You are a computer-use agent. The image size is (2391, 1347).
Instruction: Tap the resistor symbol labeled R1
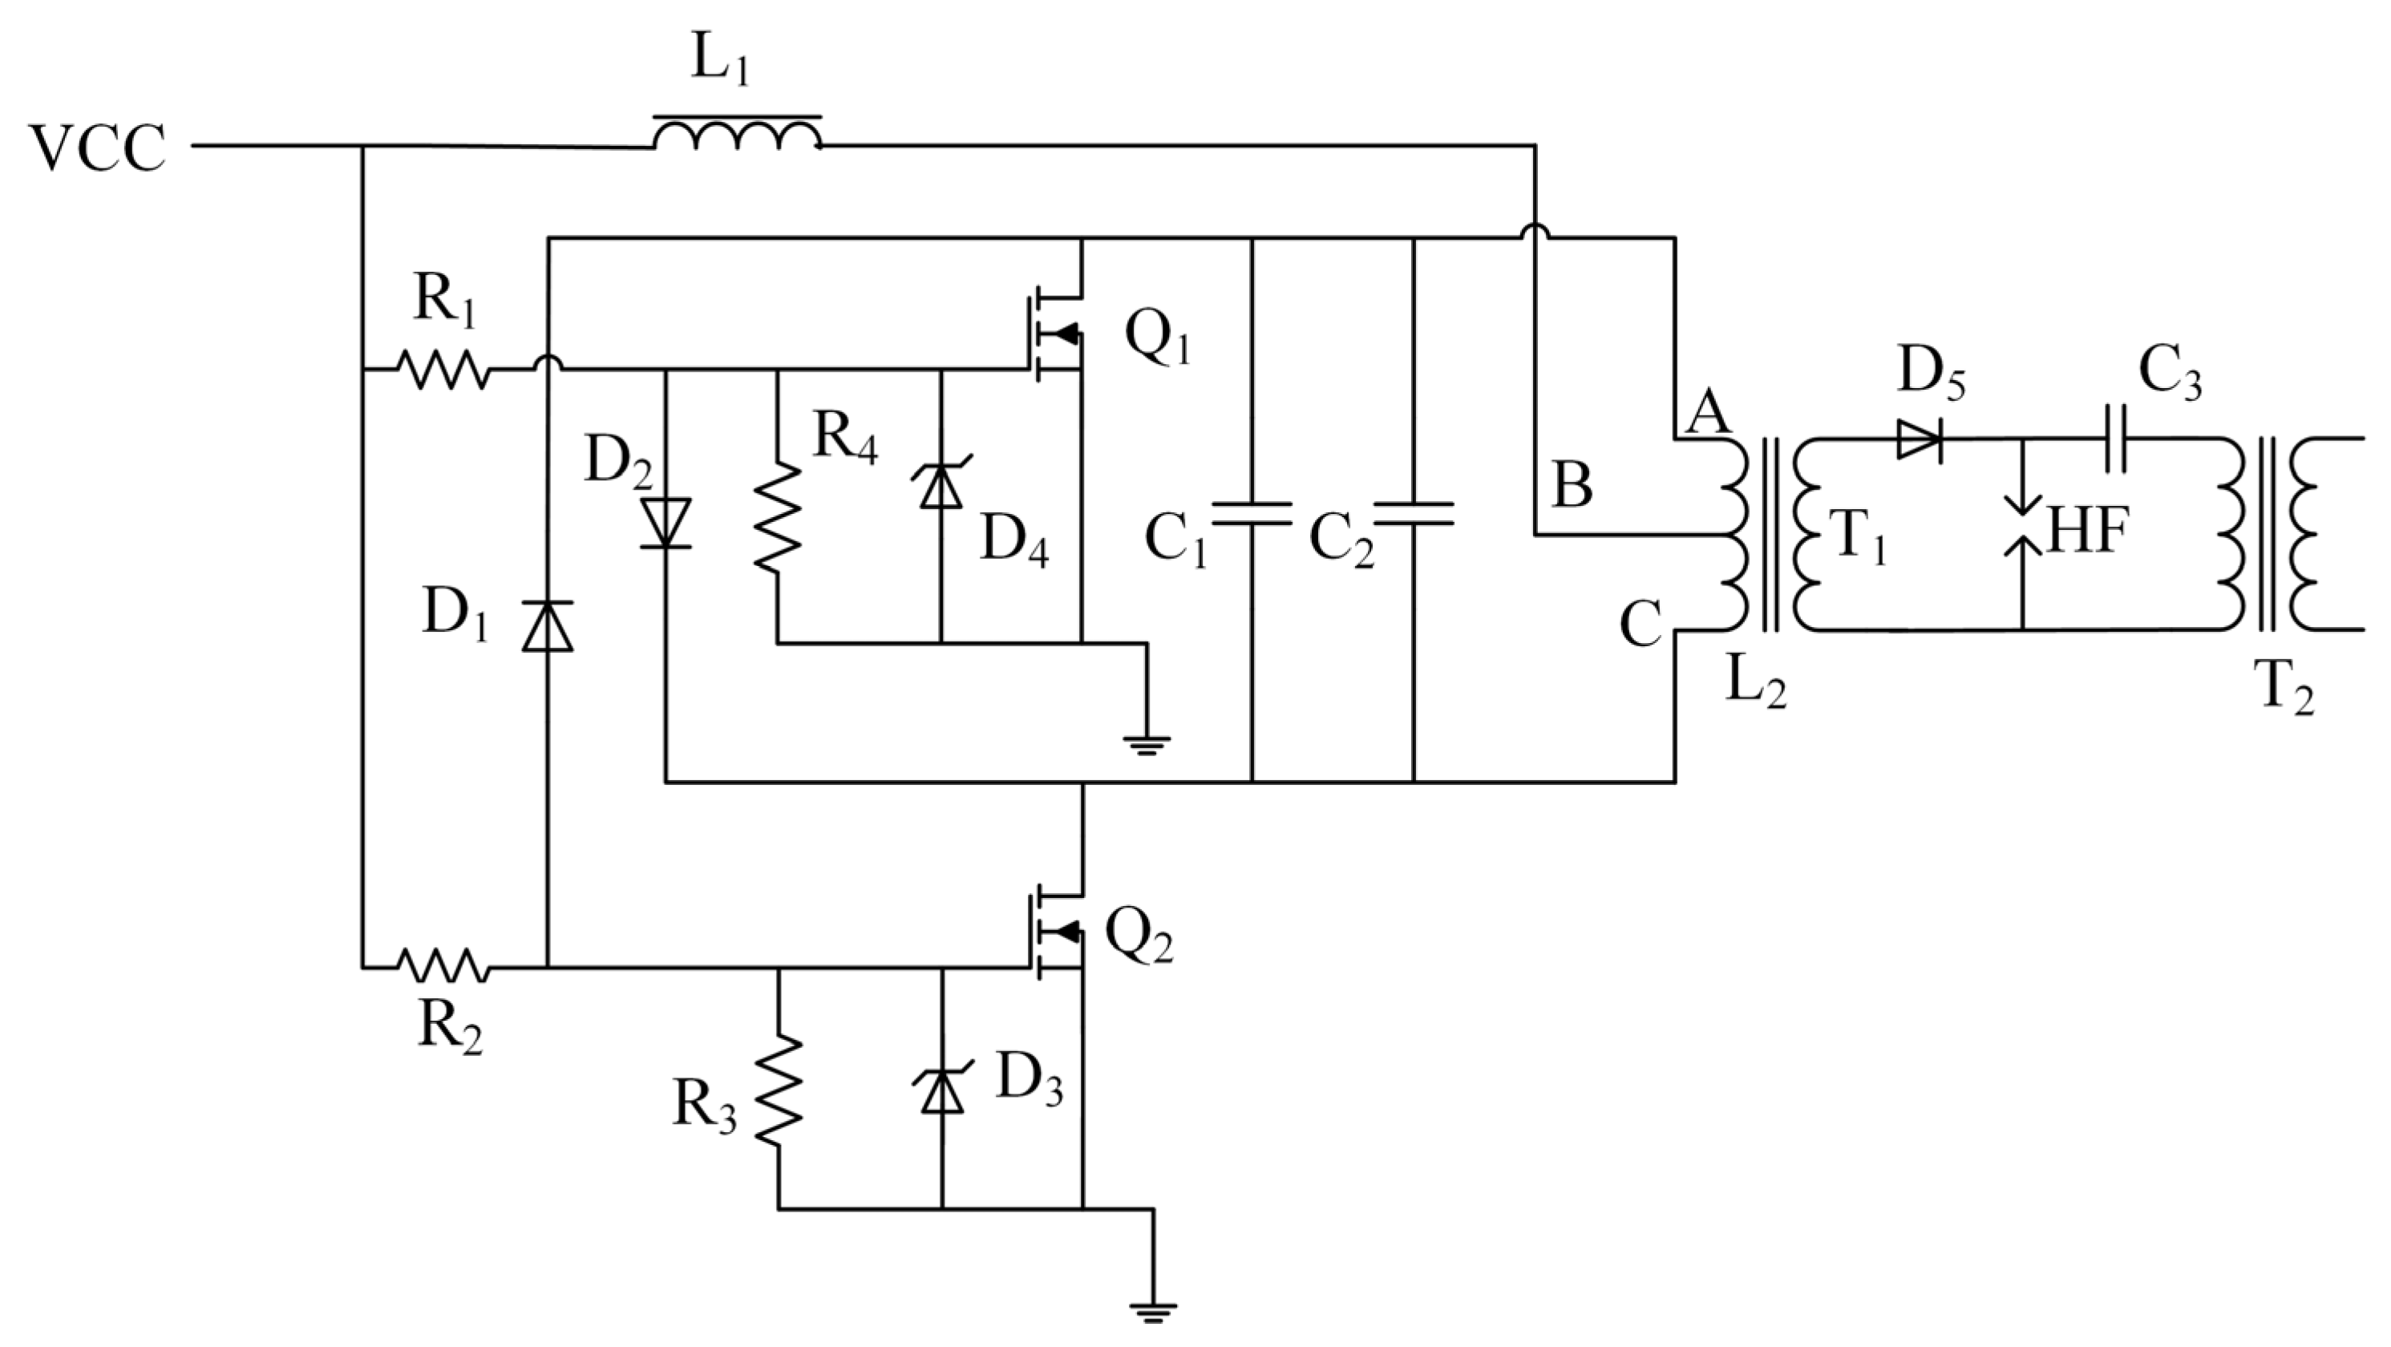[x=442, y=370]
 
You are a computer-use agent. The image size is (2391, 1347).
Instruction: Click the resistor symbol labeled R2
[x=442, y=966]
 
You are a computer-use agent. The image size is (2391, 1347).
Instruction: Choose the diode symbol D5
[x=1920, y=438]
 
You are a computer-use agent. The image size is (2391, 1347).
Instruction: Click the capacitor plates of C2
[x=1414, y=513]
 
